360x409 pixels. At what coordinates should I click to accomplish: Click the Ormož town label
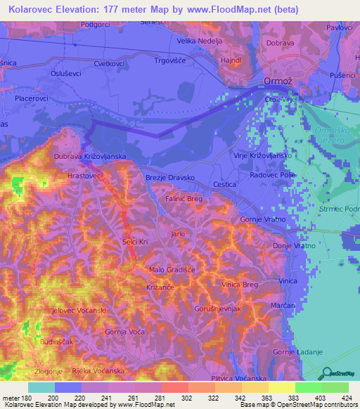[277, 82]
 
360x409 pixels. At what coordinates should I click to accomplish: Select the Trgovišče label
[171, 60]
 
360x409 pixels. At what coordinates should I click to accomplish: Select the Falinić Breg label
[184, 200]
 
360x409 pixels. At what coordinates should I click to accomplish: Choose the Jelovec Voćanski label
[79, 310]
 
